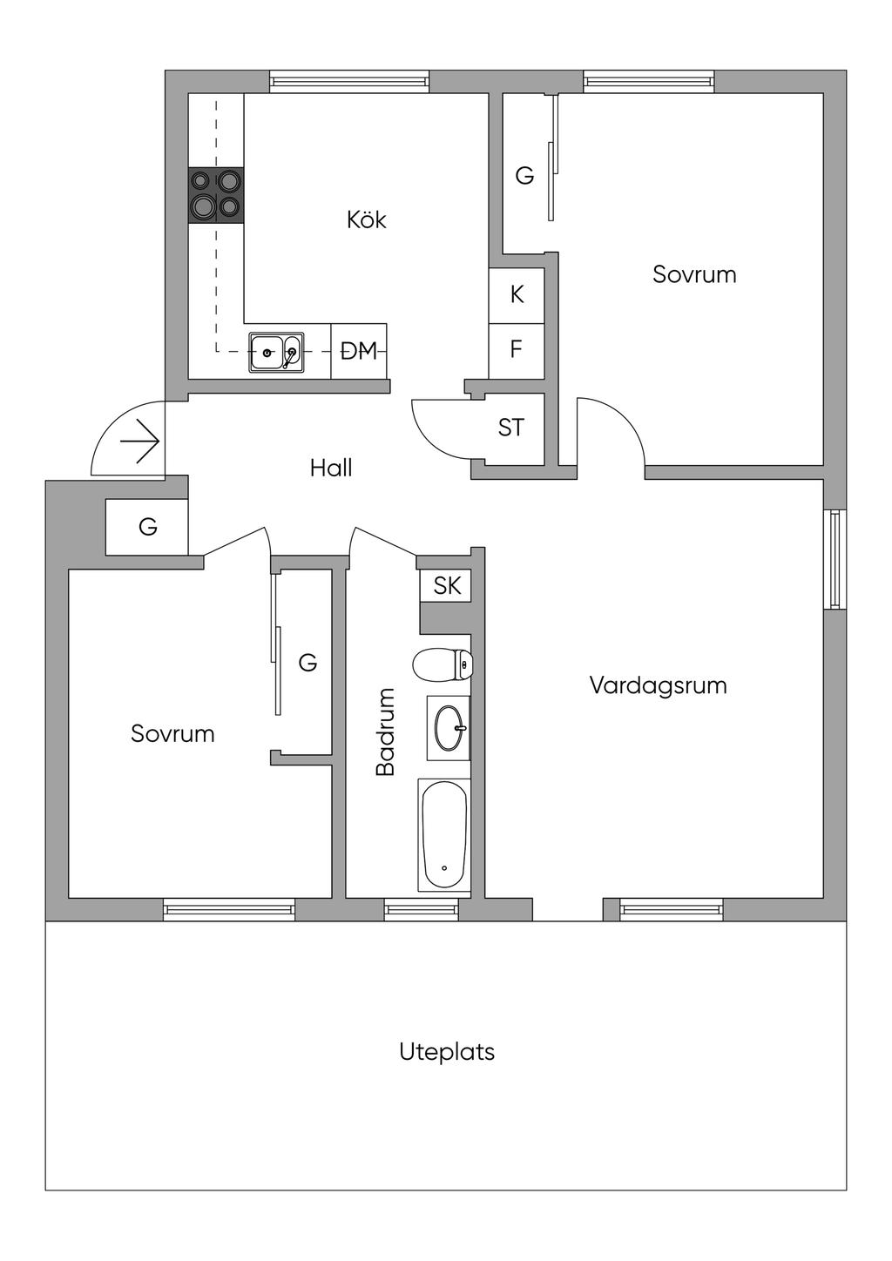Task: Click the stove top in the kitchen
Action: pyautogui.click(x=216, y=195)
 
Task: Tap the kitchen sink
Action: pyautogui.click(x=276, y=353)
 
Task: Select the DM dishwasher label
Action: pyautogui.click(x=359, y=351)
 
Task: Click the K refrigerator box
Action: pyautogui.click(x=517, y=295)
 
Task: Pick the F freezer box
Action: pyautogui.click(x=517, y=350)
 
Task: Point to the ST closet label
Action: pyautogui.click(x=511, y=428)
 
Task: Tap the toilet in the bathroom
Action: pyautogui.click(x=443, y=666)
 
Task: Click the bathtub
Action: pyautogui.click(x=444, y=834)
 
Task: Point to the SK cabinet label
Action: pyautogui.click(x=447, y=585)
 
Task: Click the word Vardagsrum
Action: pyautogui.click(x=658, y=685)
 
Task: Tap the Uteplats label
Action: pyautogui.click(x=447, y=1052)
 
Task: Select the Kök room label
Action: pyautogui.click(x=366, y=219)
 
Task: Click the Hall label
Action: pyautogui.click(x=331, y=469)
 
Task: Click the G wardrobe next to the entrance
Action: pyautogui.click(x=148, y=527)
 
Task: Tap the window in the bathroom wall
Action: pyautogui.click(x=422, y=910)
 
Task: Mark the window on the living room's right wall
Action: pyautogui.click(x=835, y=558)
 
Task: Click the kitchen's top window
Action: pyautogui.click(x=349, y=82)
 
